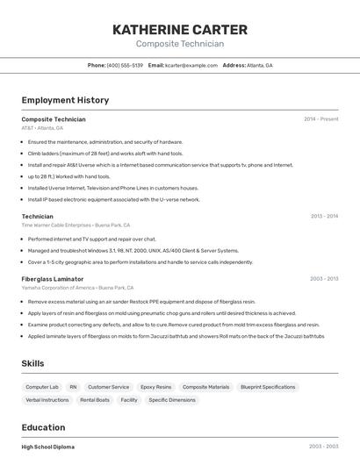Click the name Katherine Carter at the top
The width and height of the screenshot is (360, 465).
180,29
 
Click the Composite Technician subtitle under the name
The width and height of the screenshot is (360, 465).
180,44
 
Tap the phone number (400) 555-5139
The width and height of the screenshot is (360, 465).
125,65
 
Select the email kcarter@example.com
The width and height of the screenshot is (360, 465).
191,65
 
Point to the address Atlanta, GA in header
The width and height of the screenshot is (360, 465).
259,65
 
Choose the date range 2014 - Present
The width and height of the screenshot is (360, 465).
320,119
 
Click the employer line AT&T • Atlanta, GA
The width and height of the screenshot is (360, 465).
42,128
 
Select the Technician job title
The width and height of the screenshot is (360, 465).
37,216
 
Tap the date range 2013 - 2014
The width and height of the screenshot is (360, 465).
324,216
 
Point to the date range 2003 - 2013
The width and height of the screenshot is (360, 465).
324,279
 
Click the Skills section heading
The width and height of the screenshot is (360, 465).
33,363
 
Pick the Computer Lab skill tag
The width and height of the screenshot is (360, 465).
42,387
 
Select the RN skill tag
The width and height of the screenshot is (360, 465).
73,387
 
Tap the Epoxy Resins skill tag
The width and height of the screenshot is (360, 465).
155,387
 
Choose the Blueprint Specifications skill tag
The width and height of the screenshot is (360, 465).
268,387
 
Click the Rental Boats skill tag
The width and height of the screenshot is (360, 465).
95,400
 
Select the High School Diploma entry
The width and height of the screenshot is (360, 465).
47,447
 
